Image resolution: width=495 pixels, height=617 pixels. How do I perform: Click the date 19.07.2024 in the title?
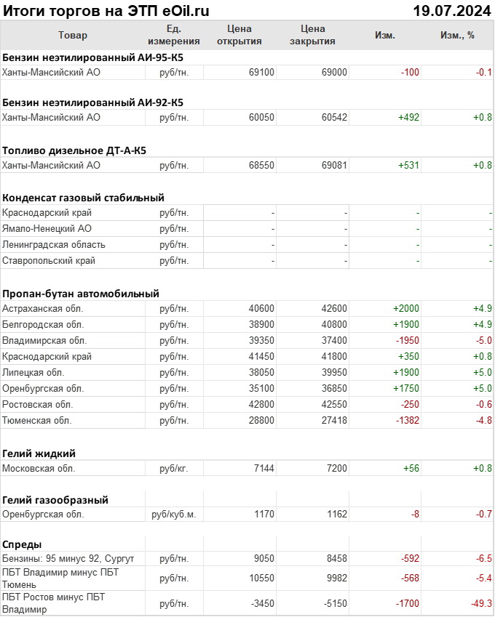[x=451, y=10]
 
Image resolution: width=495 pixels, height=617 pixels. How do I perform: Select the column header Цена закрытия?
[x=312, y=35]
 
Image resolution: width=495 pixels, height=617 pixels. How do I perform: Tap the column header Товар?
[x=72, y=35]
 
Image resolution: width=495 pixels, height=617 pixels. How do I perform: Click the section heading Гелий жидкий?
[x=39, y=453]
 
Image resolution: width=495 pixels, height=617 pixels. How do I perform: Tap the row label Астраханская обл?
[x=43, y=309]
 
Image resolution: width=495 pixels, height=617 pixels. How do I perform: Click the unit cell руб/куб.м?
[x=174, y=515]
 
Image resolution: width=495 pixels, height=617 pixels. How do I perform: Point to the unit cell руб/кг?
[x=174, y=469]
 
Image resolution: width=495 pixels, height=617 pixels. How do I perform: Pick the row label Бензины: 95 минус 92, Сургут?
[x=68, y=558]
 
